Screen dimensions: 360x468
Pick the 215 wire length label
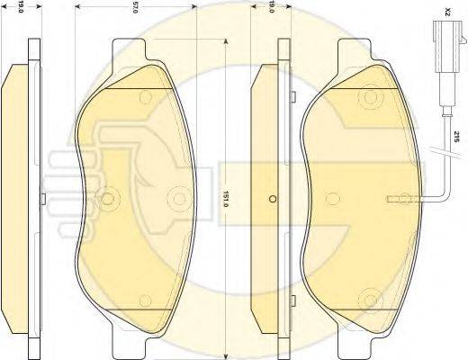pyautogui.click(x=455, y=137)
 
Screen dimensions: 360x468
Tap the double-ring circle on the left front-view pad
pyautogui.click(x=108, y=198)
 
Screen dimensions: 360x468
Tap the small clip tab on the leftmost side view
pyautogui.click(x=43, y=197)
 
